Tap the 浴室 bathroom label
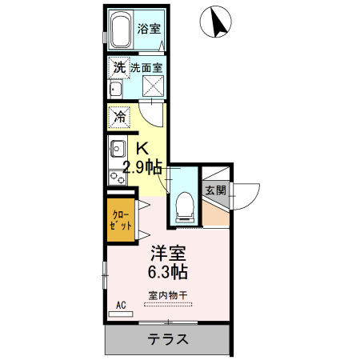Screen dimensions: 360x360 [148, 30]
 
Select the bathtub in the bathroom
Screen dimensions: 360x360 [119, 33]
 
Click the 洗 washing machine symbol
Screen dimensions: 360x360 [118, 69]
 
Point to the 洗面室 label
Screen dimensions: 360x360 [148, 69]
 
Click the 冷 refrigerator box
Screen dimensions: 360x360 [117, 116]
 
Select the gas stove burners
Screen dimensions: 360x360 [117, 174]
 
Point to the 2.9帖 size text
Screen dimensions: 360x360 [142, 167]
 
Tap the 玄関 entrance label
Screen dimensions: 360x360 [215, 190]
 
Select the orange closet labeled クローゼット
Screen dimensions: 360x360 [121, 220]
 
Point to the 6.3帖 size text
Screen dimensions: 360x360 [169, 272]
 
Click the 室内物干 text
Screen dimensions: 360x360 [166, 295]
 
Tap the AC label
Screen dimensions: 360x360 [122, 305]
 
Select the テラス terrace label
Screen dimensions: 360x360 [168, 339]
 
